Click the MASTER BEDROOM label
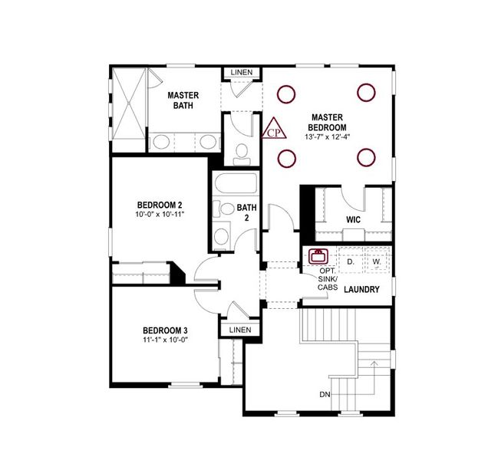[327, 122]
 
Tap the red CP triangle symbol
[274, 130]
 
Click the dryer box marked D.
[349, 261]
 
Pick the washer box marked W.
[377, 261]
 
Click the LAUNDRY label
[363, 289]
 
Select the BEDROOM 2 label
[160, 205]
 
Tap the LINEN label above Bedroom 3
[240, 330]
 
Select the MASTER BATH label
[183, 100]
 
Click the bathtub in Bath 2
[236, 185]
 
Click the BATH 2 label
[246, 212]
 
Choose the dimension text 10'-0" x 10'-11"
[160, 215]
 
